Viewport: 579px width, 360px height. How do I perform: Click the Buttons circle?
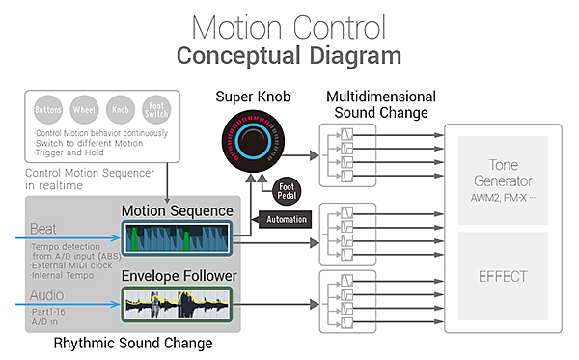pos(48,110)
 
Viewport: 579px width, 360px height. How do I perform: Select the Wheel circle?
pos(84,110)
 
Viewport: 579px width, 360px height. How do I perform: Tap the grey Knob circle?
pos(121,110)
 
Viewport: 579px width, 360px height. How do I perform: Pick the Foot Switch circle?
pos(156,110)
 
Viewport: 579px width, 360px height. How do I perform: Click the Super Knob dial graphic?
pos(253,141)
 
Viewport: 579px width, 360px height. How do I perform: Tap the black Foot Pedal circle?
pos(287,191)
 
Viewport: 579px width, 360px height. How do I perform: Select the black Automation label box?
pos(285,219)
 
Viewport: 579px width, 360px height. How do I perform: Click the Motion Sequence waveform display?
pos(177,238)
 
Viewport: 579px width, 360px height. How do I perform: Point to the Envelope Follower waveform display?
pos(177,304)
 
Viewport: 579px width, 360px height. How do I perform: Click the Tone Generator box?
pos(503,180)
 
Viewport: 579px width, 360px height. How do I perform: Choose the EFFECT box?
pos(503,276)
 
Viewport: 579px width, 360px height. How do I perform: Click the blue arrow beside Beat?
pos(68,238)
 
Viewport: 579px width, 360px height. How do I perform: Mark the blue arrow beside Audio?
pos(68,304)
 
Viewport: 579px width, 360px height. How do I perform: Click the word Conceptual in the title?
pos(238,56)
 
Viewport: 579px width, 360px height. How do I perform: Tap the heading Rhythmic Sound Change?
pos(133,343)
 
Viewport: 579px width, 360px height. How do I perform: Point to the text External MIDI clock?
pos(71,265)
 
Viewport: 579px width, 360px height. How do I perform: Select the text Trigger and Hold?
pos(69,152)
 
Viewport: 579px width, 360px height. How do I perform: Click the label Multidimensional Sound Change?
pos(381,104)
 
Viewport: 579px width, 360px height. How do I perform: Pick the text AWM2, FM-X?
pos(503,198)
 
